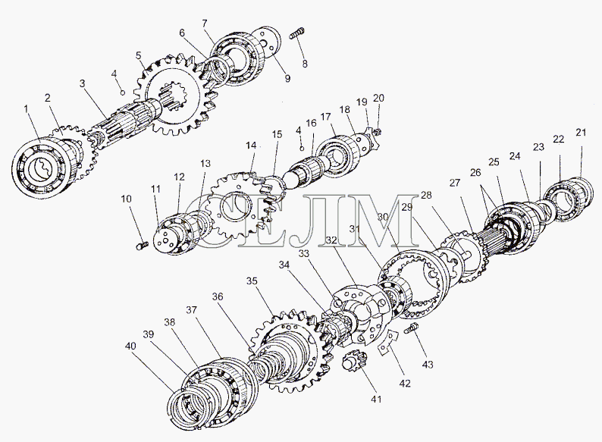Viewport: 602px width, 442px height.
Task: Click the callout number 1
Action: point(26,109)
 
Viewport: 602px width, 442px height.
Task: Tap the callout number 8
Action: point(305,64)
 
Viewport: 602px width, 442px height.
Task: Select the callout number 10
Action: point(126,199)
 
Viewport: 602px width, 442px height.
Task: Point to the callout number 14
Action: point(251,146)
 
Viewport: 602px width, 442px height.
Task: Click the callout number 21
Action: point(581,133)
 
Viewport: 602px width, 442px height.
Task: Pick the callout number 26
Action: point(475,173)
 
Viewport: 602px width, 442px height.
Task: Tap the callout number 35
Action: point(252,281)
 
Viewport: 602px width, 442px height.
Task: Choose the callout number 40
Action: point(130,346)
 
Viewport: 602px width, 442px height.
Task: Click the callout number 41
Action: point(376,400)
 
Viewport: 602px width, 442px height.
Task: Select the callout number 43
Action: point(428,364)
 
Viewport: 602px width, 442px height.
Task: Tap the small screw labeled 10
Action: point(142,245)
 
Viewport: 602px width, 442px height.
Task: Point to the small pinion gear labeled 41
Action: point(352,361)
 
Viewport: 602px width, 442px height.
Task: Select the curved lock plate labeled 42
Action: point(388,342)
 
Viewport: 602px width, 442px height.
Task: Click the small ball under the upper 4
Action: point(123,92)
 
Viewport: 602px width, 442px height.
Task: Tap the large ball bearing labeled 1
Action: point(40,168)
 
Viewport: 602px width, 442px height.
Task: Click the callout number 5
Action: point(139,55)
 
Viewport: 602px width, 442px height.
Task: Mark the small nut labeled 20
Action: point(377,132)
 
